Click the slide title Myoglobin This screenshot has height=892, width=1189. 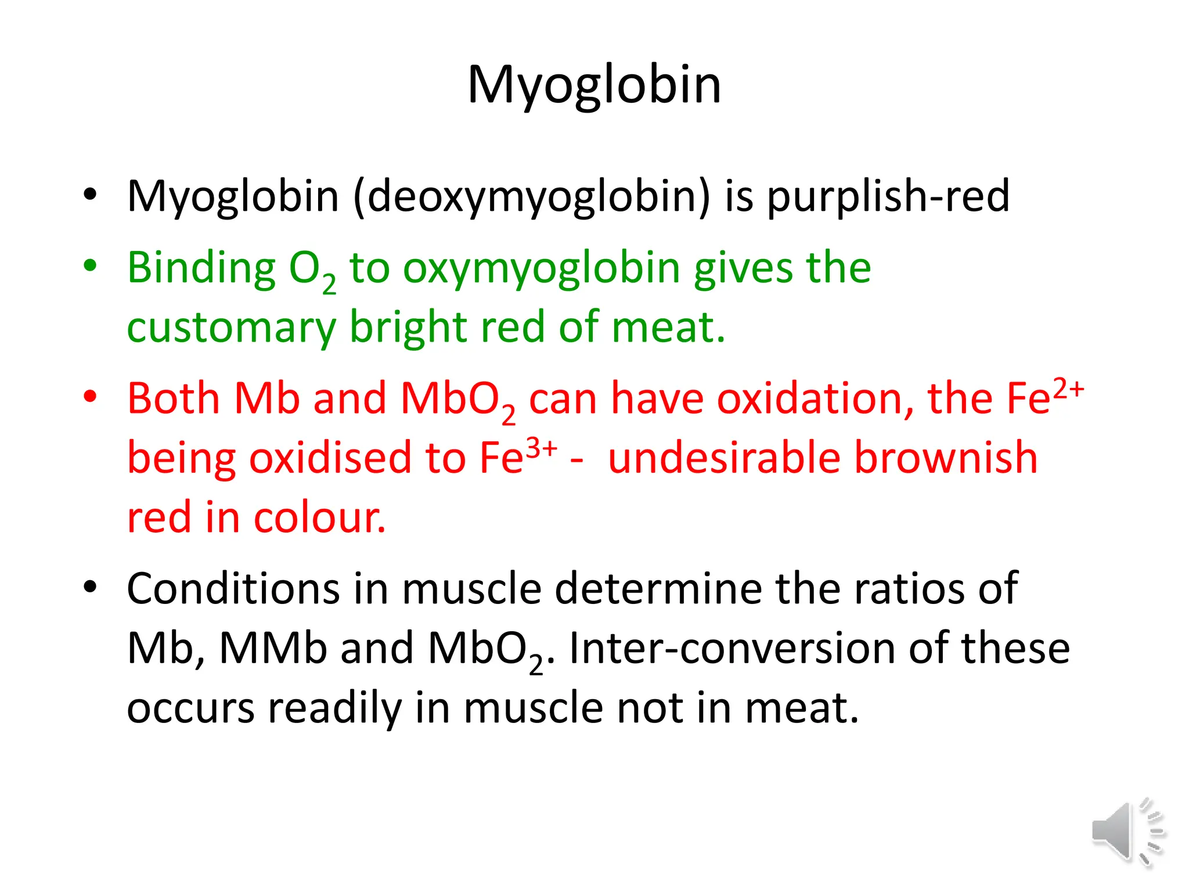tap(594, 85)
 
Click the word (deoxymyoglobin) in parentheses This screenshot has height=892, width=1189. tap(531, 197)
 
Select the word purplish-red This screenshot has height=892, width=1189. tap(888, 197)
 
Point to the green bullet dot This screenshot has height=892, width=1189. tap(90, 266)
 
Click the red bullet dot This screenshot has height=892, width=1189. tap(90, 397)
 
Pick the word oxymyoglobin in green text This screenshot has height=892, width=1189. tap(541, 269)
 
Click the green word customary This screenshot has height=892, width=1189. tap(231, 328)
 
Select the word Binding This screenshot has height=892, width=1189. tap(201, 269)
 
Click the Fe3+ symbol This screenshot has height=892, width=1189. tap(518, 456)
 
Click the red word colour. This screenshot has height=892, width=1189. tap(319, 517)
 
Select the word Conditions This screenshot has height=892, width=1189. tap(233, 589)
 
